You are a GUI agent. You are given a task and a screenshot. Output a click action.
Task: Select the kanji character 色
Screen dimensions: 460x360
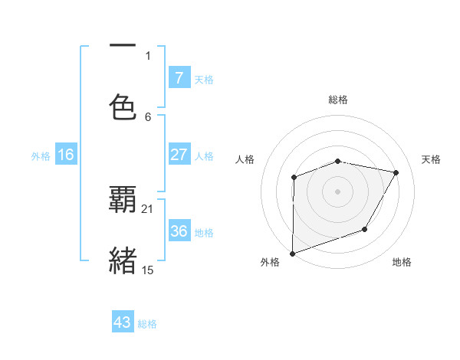tap(123, 107)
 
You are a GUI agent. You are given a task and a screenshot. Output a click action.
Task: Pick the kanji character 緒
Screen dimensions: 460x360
tap(123, 260)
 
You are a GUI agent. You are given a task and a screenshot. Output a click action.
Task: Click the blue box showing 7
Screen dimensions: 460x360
tap(179, 78)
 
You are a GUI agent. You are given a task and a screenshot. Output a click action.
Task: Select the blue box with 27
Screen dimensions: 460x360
tap(179, 155)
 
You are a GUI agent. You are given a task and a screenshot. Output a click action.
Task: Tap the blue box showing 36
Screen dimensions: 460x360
tap(179, 231)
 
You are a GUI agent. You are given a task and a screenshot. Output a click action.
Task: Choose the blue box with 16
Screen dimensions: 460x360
tap(66, 155)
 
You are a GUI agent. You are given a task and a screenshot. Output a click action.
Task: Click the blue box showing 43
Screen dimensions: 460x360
tap(123, 322)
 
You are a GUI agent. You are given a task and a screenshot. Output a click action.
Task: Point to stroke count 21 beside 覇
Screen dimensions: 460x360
tap(148, 209)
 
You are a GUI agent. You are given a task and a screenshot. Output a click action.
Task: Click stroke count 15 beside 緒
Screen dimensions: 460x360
tap(148, 270)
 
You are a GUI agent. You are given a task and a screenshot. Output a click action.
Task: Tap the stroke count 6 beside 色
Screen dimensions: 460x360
tap(148, 116)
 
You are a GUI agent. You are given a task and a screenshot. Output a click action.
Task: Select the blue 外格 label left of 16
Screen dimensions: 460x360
tap(41, 155)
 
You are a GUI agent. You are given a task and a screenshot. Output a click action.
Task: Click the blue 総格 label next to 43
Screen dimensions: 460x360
tap(147, 324)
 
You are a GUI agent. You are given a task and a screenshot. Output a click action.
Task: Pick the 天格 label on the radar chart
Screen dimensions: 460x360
tap(431, 159)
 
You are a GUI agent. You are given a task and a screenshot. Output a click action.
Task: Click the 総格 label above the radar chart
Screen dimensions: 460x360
tap(338, 100)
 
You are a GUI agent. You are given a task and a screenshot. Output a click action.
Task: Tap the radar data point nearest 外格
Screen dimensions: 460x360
tap(293, 253)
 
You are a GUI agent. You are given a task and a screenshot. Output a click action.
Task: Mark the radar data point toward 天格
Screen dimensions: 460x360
tap(396, 173)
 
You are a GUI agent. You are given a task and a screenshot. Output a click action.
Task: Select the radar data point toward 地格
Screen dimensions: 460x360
tap(365, 229)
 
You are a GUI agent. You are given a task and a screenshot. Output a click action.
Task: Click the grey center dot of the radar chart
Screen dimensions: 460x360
tap(338, 191)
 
